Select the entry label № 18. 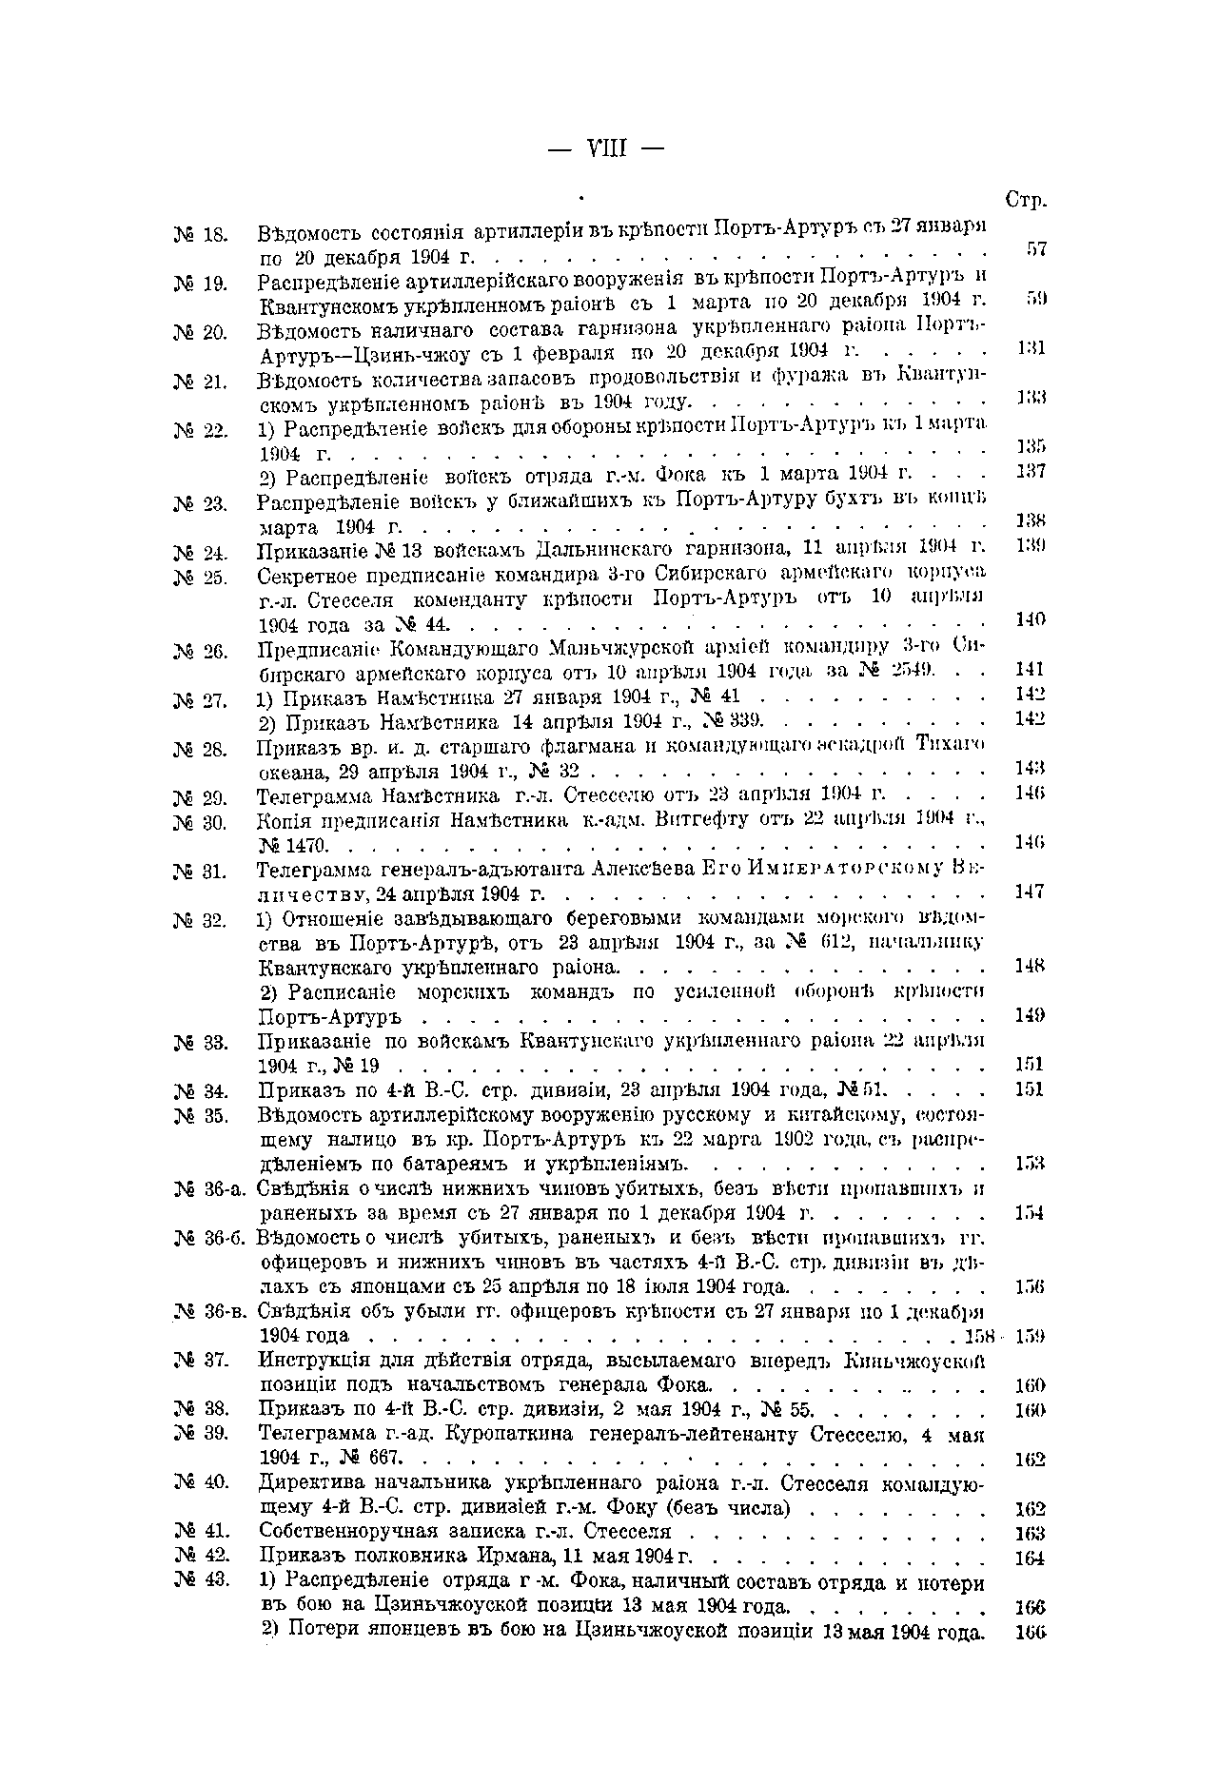pyautogui.click(x=199, y=233)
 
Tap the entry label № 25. pyautogui.click(x=199, y=576)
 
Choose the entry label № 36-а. pyautogui.click(x=211, y=1189)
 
